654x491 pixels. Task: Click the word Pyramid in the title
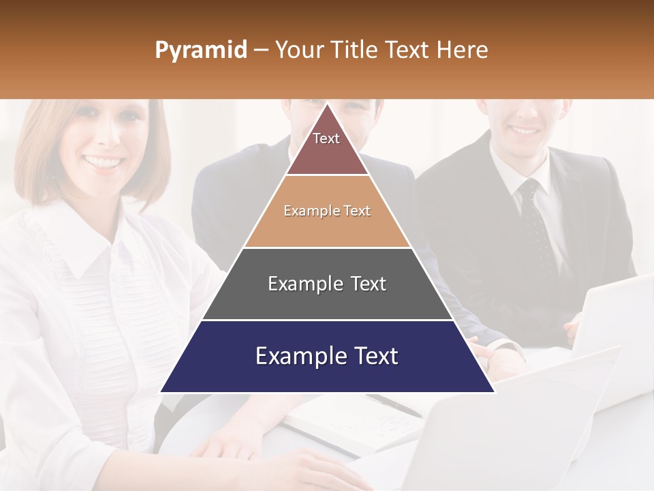(x=200, y=50)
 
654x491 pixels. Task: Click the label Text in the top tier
(x=326, y=138)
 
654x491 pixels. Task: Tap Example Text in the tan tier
(x=327, y=211)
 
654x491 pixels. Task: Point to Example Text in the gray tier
(x=327, y=284)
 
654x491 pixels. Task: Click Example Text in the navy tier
(x=327, y=356)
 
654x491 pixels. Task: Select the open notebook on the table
(x=354, y=423)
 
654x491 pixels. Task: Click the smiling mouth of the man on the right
(x=525, y=129)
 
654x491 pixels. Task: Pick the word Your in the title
(x=298, y=50)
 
